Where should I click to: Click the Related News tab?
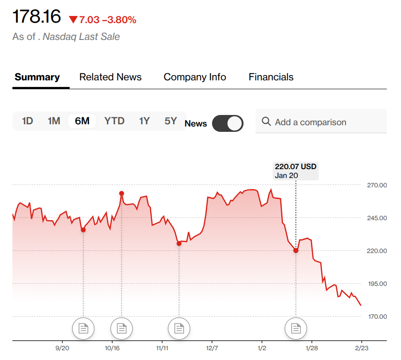click(x=110, y=77)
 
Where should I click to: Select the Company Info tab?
click(x=195, y=77)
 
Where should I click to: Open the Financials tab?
click(x=271, y=77)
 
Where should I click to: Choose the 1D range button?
click(x=28, y=121)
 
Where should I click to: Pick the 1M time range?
click(x=54, y=121)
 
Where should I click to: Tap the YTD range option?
click(x=114, y=121)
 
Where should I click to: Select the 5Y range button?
click(x=170, y=121)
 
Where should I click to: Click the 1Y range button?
click(x=144, y=121)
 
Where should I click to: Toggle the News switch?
click(x=228, y=123)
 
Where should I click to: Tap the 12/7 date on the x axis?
click(x=212, y=348)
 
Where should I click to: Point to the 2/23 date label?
click(x=361, y=348)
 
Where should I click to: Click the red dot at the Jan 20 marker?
click(x=296, y=250)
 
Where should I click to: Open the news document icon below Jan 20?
click(x=295, y=328)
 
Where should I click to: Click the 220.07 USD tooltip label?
click(x=296, y=171)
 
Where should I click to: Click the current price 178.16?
click(x=36, y=17)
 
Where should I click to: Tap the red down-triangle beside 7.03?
click(x=73, y=20)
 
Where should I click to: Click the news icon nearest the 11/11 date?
click(x=179, y=328)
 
